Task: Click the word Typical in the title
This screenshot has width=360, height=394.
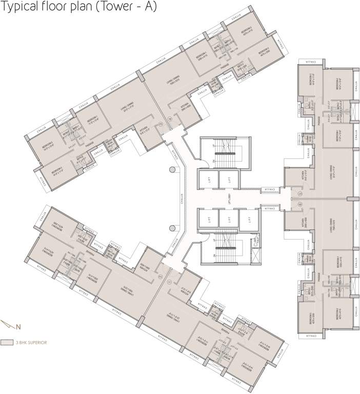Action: (x=19, y=8)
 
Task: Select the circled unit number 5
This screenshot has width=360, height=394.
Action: (x=299, y=193)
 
